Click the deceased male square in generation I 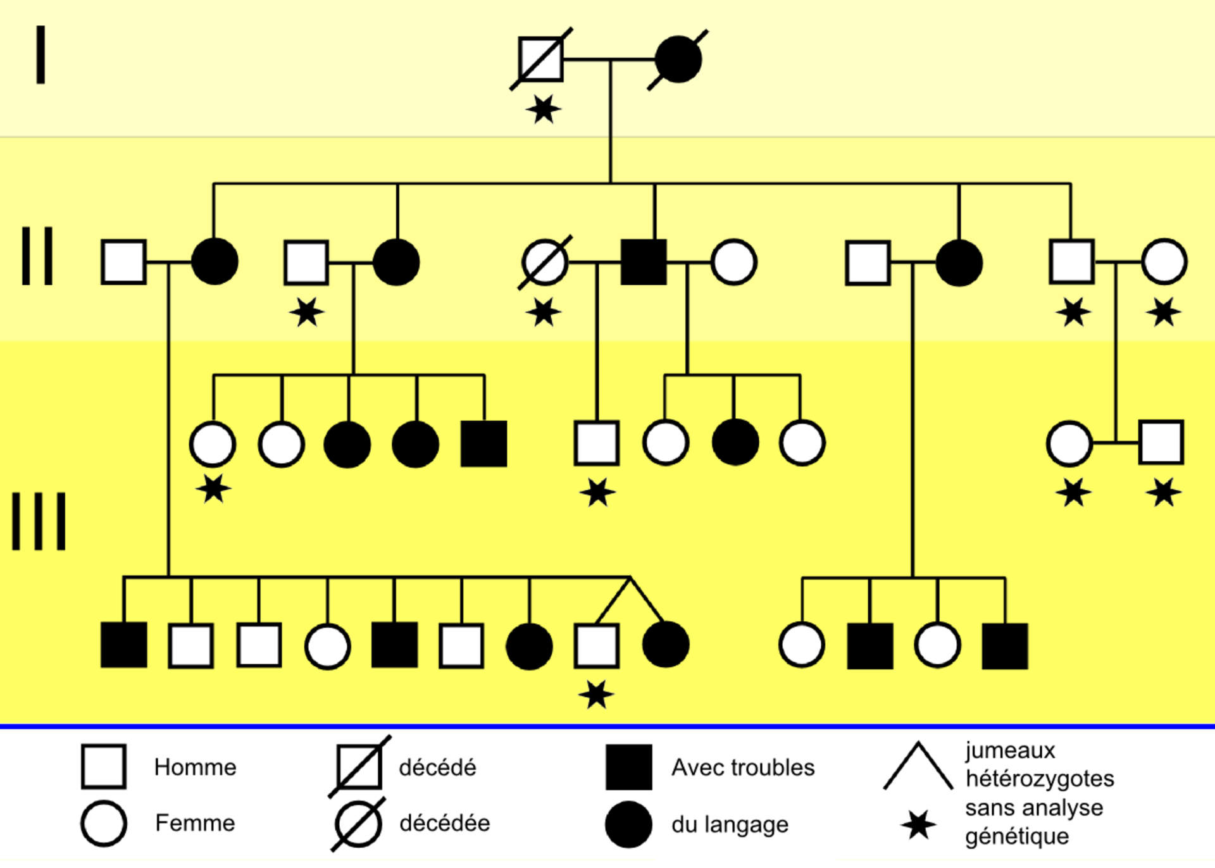540,59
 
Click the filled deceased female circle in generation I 678,59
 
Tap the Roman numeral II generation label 37,256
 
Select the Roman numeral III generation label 39,521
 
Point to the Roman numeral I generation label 40,54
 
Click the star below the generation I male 543,109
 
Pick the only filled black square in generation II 644,262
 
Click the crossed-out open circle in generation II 545,262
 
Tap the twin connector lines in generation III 630,598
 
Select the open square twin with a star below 596,645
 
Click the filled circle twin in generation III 665,645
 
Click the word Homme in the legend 195,767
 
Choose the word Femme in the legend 195,823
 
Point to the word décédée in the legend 444,823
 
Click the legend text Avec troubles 743,767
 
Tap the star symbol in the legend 918,824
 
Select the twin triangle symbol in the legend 918,767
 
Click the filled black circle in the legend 628,824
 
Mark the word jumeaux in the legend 1010,750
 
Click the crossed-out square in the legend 359,767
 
